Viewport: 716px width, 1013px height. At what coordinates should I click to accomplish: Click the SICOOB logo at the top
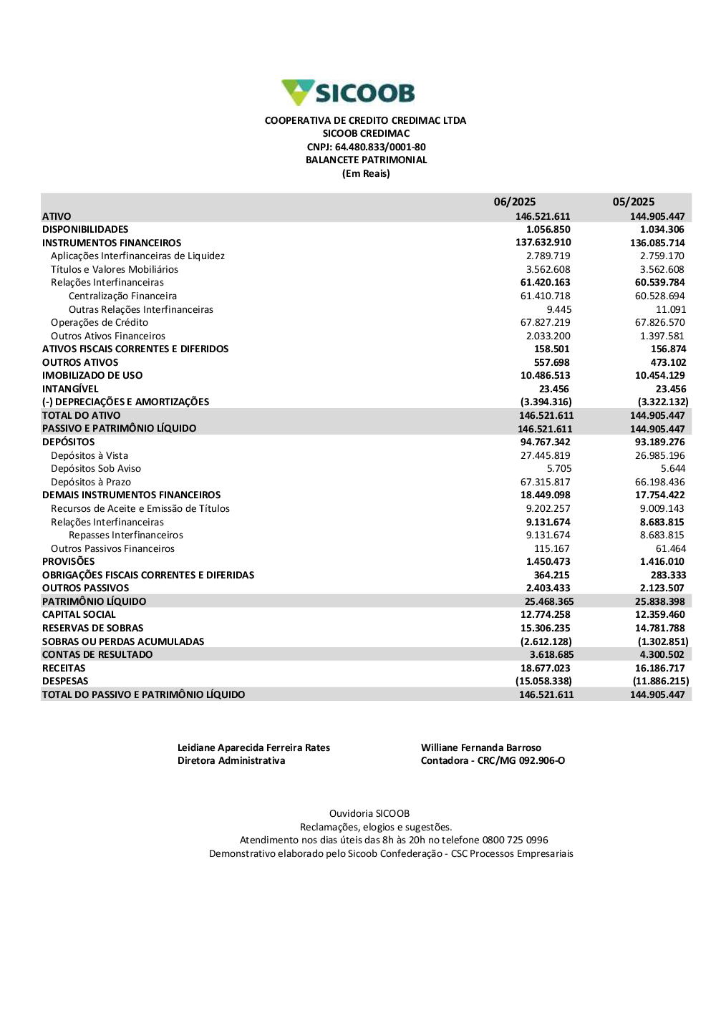pos(348,93)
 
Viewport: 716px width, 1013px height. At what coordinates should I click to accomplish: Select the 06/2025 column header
pos(514,202)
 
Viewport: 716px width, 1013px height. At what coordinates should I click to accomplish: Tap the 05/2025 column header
pos(633,202)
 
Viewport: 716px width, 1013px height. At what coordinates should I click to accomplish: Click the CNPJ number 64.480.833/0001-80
pos(380,147)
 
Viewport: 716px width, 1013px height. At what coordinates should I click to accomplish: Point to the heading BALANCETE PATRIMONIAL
pos(366,160)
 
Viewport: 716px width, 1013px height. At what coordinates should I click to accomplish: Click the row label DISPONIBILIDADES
pos(85,230)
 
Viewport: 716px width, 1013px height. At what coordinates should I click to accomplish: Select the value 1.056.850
pos(548,230)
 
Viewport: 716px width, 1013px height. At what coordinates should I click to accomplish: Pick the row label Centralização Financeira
pos(122,296)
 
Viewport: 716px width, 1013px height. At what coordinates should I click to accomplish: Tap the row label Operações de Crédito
pos(100,323)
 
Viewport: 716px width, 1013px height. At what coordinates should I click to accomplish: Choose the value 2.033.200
pos(548,336)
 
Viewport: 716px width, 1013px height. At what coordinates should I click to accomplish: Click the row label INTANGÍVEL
pos(70,389)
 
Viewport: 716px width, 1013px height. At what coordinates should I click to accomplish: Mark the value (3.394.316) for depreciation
pos(546,402)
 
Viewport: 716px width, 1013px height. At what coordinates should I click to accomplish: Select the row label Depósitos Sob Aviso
pos(96,469)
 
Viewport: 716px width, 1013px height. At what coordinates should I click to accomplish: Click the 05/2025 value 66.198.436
pos(659,483)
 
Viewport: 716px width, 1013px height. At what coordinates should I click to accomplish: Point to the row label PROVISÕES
pos(68,562)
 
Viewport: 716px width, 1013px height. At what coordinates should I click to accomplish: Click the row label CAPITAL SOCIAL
pos(79,615)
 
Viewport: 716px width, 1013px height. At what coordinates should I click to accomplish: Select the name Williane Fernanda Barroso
pos(480,748)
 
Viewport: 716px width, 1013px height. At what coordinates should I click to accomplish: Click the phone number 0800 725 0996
pos(515,840)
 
